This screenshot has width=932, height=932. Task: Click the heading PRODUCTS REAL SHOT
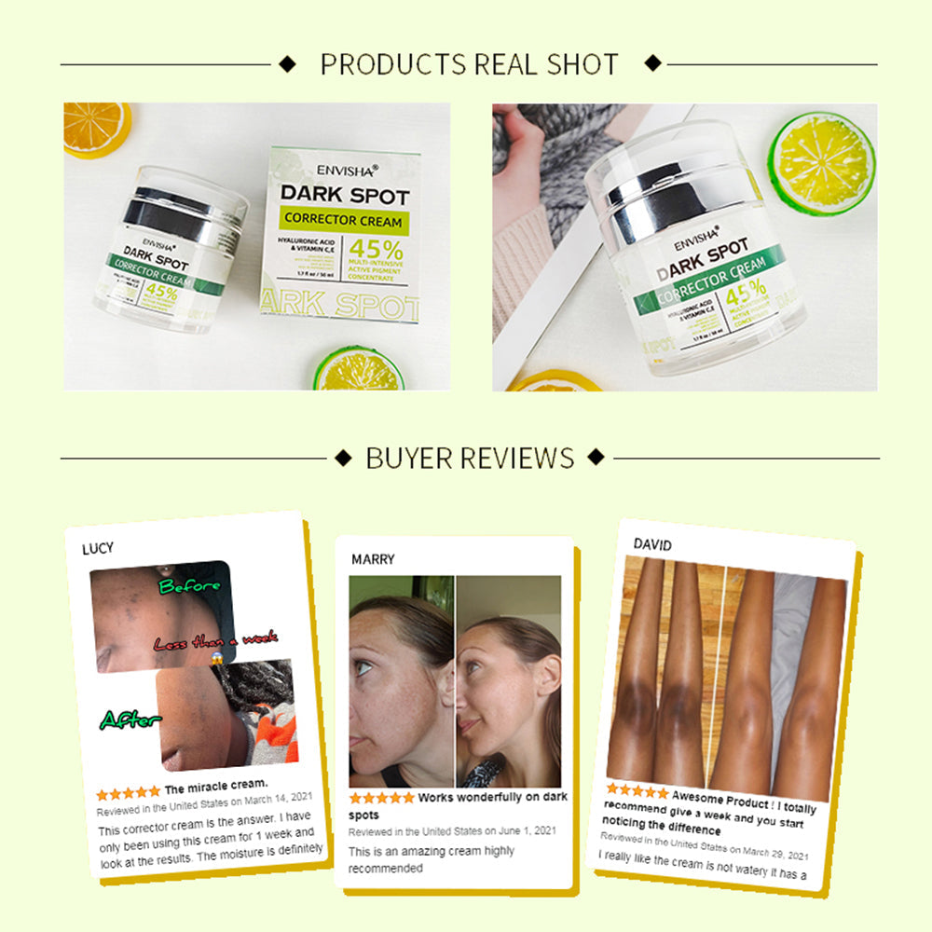[469, 64]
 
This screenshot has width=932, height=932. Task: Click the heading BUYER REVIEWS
[470, 458]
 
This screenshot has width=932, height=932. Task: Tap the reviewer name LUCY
[98, 548]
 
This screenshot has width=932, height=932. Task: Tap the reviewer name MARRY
[373, 559]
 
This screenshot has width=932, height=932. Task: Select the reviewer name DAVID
[652, 544]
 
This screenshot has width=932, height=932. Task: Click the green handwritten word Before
[189, 586]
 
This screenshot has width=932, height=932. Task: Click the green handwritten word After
[130, 720]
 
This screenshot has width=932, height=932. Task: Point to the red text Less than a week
[215, 641]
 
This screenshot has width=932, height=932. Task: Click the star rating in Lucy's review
[128, 793]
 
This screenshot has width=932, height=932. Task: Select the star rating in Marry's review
[381, 799]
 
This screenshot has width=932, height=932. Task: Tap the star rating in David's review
[637, 792]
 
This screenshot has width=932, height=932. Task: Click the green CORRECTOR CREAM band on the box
[344, 221]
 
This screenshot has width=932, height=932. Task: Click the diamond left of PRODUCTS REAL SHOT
[287, 64]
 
